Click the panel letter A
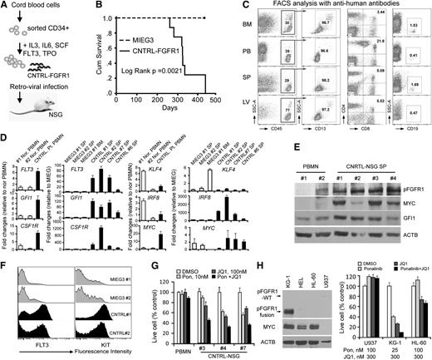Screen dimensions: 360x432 click(x=5, y=6)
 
